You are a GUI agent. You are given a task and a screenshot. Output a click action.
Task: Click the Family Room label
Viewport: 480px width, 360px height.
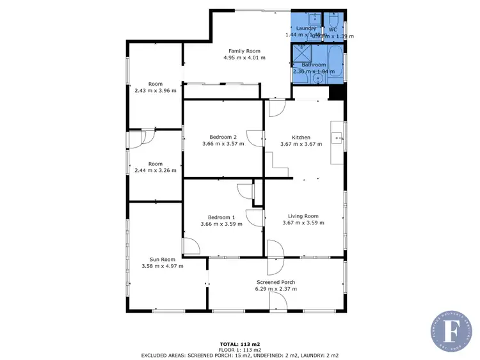coord(244,51)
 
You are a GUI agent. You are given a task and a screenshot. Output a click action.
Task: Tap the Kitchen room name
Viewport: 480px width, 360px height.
coord(301,137)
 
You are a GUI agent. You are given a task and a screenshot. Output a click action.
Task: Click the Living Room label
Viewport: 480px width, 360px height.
coord(303,216)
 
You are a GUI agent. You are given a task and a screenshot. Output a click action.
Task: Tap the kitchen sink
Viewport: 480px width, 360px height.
coord(337,137)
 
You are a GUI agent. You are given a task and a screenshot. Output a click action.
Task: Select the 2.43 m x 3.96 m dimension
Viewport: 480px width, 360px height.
coord(156,91)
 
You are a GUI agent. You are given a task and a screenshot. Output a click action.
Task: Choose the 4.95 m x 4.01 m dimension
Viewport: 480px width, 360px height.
coord(244,58)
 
